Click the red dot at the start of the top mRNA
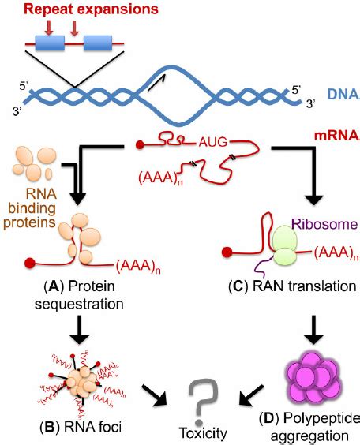pyautogui.click(x=140, y=145)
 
